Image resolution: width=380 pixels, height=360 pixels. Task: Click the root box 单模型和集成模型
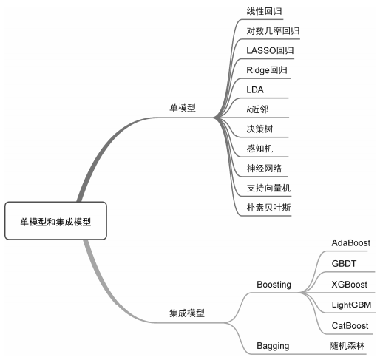point(55,221)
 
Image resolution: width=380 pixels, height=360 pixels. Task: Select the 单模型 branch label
point(183,108)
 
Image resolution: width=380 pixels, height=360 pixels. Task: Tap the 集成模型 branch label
point(187,313)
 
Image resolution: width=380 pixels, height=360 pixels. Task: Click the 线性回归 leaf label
point(264,11)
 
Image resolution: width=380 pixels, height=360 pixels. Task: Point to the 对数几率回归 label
point(273,31)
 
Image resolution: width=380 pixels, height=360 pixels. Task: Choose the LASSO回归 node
point(270,50)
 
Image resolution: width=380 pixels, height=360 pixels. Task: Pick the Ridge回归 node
point(267,70)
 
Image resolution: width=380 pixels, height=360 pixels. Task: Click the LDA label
point(255,90)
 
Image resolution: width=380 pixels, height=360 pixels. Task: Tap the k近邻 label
point(257,109)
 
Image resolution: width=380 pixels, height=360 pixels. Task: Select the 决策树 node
point(259,129)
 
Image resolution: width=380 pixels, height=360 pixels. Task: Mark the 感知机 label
point(259,149)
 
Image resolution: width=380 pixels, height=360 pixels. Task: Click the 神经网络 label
point(264,169)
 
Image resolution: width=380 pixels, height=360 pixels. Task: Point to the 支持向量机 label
point(268,188)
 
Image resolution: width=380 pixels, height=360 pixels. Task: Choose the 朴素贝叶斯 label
point(268,208)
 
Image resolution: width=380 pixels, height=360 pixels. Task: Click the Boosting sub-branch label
point(274,285)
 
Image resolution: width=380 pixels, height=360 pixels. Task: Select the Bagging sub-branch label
point(273,346)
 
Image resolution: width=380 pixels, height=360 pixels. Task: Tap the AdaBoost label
point(351,243)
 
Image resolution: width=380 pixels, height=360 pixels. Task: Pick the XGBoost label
point(350,285)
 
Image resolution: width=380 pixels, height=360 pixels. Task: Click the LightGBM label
point(351,305)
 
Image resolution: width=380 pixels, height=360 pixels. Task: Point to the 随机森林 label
point(347,346)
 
